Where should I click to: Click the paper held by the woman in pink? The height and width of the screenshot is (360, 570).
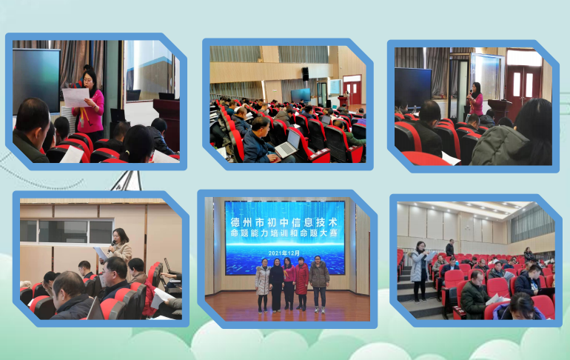[76, 97]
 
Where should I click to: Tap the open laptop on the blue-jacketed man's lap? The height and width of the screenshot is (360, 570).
[287, 144]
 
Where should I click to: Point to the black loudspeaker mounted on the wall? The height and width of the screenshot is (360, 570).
[305, 74]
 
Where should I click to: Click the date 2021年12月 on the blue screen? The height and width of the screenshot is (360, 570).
[284, 253]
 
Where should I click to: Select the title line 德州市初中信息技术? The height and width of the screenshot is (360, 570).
[284, 222]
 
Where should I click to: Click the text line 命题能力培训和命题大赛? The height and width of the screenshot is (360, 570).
[284, 233]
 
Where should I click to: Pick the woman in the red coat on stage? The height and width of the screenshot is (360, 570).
[301, 284]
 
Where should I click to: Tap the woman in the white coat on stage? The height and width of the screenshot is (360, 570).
[263, 285]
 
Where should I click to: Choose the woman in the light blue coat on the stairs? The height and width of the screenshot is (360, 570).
[419, 271]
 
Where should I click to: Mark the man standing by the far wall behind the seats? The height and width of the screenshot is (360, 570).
[450, 247]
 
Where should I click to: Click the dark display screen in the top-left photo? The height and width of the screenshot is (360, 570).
[36, 81]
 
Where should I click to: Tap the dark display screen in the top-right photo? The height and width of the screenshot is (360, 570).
[413, 87]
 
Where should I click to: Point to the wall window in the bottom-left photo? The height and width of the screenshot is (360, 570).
[66, 231]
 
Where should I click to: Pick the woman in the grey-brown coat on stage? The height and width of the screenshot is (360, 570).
[319, 284]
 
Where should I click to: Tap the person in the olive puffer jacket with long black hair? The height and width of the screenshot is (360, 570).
[512, 138]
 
